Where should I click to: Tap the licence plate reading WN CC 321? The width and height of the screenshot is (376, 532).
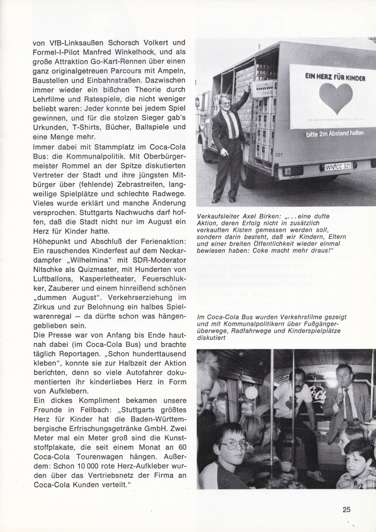[x=338, y=167]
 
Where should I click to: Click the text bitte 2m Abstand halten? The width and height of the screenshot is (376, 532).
[x=335, y=133]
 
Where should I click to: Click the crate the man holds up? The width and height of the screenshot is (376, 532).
[x=263, y=87]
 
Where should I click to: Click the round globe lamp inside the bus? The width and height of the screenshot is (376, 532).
[x=250, y=393]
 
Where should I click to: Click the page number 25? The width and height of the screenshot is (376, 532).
[x=346, y=509]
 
